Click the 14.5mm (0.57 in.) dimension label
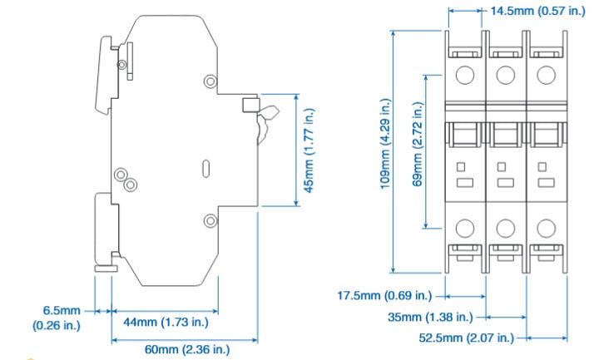534,12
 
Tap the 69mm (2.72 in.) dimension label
419,145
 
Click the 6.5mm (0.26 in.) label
57,318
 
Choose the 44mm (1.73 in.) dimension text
165,321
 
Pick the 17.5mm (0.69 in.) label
384,295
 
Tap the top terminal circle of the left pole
466,74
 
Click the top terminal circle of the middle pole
505,74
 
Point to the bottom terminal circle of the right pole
545,226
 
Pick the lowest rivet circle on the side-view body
210,220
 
